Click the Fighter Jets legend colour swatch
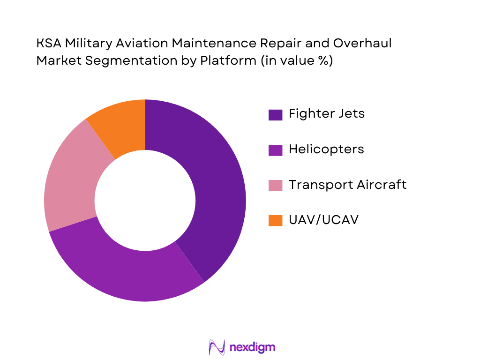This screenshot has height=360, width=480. coord(275,115)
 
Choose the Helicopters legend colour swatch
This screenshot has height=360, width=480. coord(275,150)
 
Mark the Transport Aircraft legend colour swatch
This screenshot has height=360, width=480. coord(275,185)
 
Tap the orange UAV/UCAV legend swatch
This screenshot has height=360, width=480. coord(275,220)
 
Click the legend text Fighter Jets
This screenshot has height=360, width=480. coord(326,114)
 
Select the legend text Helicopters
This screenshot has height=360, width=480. coord(326,149)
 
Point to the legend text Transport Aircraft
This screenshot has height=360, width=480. coord(347,185)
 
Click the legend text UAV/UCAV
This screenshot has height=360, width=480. coord(323,220)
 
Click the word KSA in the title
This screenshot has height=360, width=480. coord(49,44)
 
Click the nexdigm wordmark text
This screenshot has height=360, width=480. coord(253,347)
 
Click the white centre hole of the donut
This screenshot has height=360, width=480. coord(145,201)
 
